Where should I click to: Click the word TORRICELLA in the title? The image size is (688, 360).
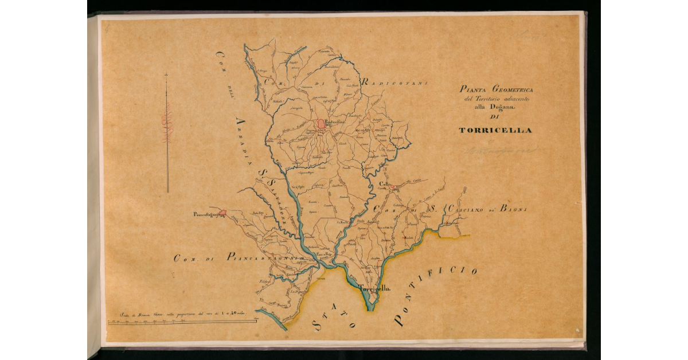495,130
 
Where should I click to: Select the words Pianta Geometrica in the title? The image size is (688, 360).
496,89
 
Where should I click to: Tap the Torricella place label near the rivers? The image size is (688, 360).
374,289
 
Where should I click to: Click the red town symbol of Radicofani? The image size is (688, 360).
320,124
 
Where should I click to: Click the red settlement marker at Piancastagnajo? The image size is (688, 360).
222,213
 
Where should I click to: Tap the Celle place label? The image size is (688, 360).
382,184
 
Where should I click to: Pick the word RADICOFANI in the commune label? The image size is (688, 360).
394,84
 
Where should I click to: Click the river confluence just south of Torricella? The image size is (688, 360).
370,304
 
